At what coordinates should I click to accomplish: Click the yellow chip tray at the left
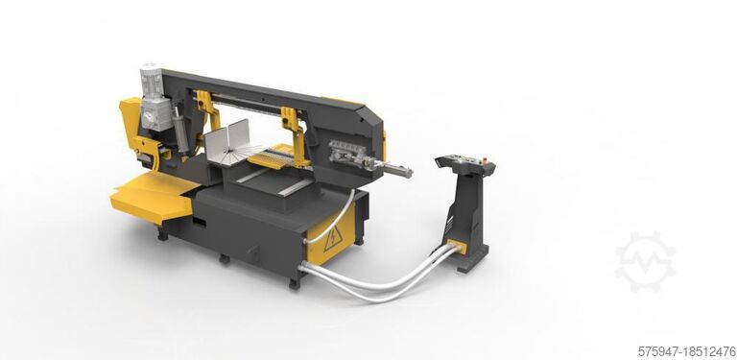click(149, 197)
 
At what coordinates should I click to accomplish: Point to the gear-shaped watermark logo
click(645, 261)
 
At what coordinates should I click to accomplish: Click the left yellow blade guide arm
click(203, 110)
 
